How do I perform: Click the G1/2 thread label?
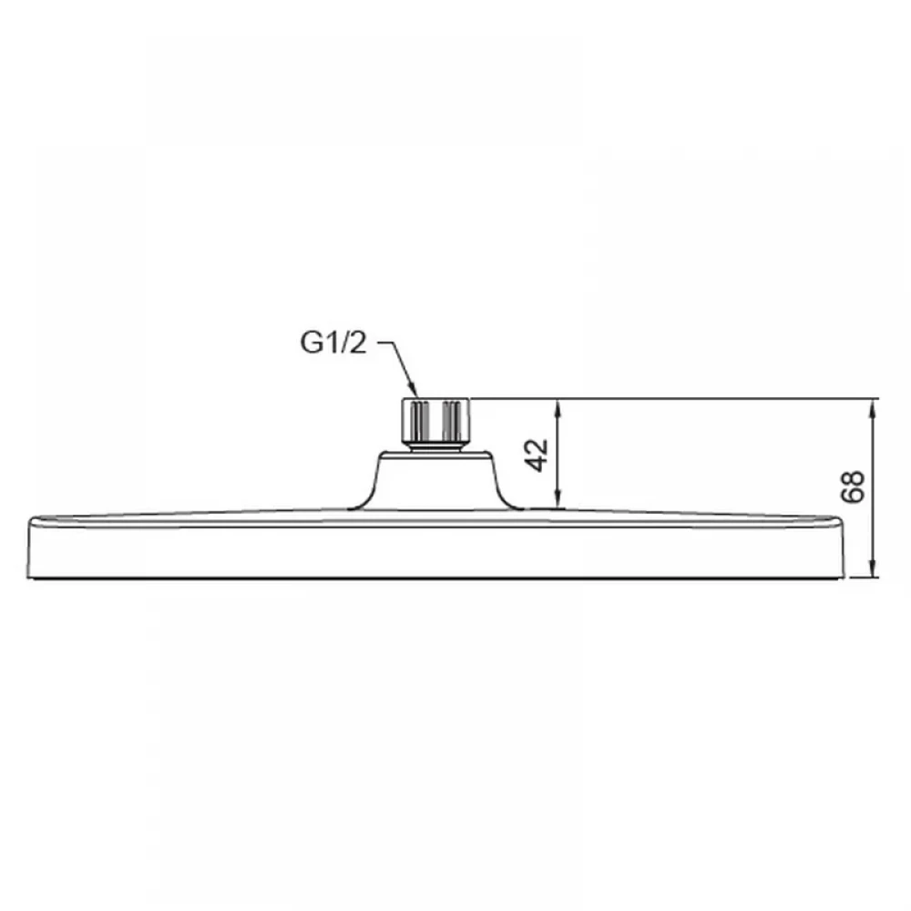[333, 343]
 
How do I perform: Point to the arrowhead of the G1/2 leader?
[414, 391]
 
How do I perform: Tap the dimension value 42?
[537, 455]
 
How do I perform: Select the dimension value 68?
[853, 486]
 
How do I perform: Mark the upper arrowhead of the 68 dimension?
[872, 408]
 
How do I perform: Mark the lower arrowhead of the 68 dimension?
[872, 569]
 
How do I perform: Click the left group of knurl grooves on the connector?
[419, 421]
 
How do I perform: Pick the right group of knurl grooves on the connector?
[452, 421]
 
